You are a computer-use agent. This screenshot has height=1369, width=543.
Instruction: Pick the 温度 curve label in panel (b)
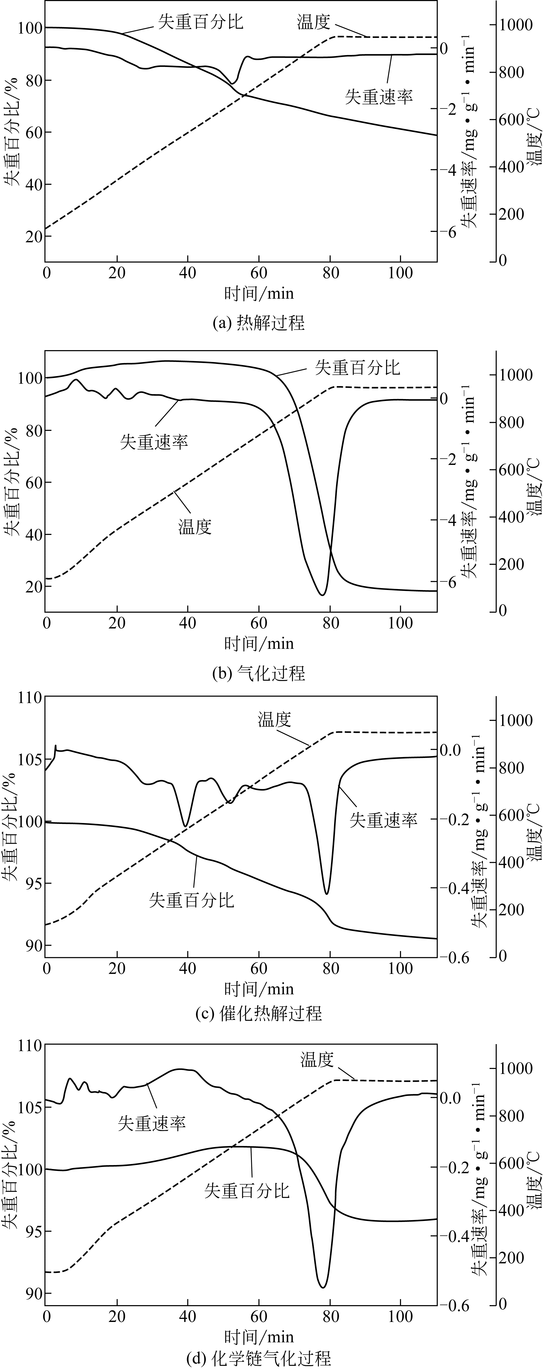click(x=195, y=527)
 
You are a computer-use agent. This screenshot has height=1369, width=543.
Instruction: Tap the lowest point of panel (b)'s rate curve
click(x=322, y=595)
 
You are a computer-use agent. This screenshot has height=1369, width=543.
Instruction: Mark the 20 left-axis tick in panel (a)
click(x=33, y=237)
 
